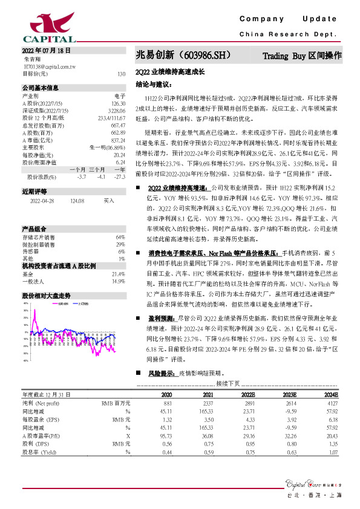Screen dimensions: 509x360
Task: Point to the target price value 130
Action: pyautogui.click(x=121, y=74)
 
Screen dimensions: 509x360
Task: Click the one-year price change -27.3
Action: pyautogui.click(x=120, y=177)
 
